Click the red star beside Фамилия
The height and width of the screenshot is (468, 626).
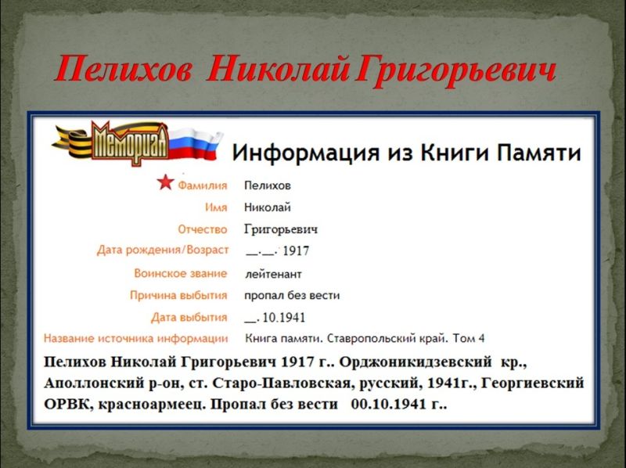click(x=165, y=182)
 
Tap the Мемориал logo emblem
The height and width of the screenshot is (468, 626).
click(x=130, y=142)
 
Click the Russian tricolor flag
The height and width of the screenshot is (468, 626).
click(x=195, y=145)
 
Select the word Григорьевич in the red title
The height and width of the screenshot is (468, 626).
click(x=455, y=71)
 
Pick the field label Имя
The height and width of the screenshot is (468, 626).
click(x=216, y=207)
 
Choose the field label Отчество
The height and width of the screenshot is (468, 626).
click(x=203, y=229)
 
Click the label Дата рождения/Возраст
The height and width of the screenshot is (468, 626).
click(x=163, y=250)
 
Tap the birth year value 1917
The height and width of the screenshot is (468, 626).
click(x=296, y=250)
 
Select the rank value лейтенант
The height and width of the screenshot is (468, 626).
click(x=273, y=275)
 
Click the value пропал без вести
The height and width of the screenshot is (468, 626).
click(x=292, y=296)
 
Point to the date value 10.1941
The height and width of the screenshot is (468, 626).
click(x=284, y=318)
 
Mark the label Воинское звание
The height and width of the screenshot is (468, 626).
click(x=181, y=274)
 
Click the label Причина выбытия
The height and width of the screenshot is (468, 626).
click(x=178, y=296)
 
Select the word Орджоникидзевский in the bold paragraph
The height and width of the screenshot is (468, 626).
click(x=416, y=362)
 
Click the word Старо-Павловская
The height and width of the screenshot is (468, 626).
click(x=284, y=383)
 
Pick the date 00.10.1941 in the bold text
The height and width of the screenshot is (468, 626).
click(x=387, y=405)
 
